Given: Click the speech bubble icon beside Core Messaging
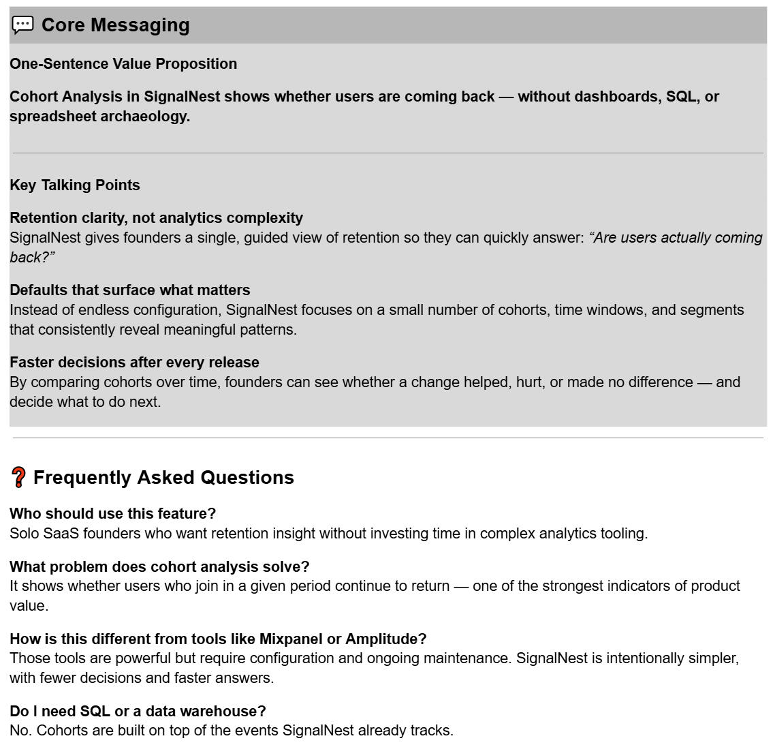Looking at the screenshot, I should (x=22, y=25).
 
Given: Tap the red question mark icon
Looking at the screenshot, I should (x=19, y=477).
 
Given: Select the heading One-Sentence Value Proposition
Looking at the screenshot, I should (x=123, y=64).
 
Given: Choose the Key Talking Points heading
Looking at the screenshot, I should (x=75, y=185).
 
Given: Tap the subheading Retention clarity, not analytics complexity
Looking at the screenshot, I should (x=156, y=218).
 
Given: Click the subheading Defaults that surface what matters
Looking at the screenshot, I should (x=129, y=290).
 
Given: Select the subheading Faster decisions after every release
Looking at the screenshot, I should (x=134, y=363).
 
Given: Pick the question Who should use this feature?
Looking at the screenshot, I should (x=112, y=514).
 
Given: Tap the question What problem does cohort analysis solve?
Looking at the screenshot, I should (x=159, y=567).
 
